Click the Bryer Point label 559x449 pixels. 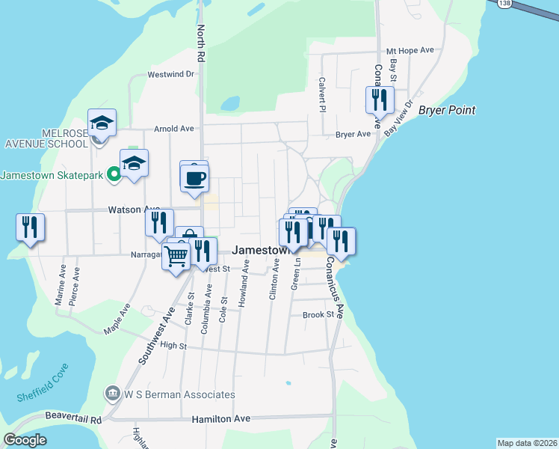(x=447, y=111)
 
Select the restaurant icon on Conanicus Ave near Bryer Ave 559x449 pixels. (x=380, y=100)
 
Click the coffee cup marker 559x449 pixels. (x=194, y=178)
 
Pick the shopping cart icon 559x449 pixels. (x=176, y=256)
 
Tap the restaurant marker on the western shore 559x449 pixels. (x=30, y=227)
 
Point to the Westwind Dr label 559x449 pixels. (x=170, y=74)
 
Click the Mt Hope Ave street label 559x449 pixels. (x=410, y=51)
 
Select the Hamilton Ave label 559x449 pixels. (x=221, y=420)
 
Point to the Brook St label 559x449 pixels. (x=318, y=315)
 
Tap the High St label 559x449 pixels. (x=173, y=345)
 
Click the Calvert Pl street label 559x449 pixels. (x=322, y=94)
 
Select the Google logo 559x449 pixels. (x=25, y=440)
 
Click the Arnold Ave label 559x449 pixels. (x=173, y=129)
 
